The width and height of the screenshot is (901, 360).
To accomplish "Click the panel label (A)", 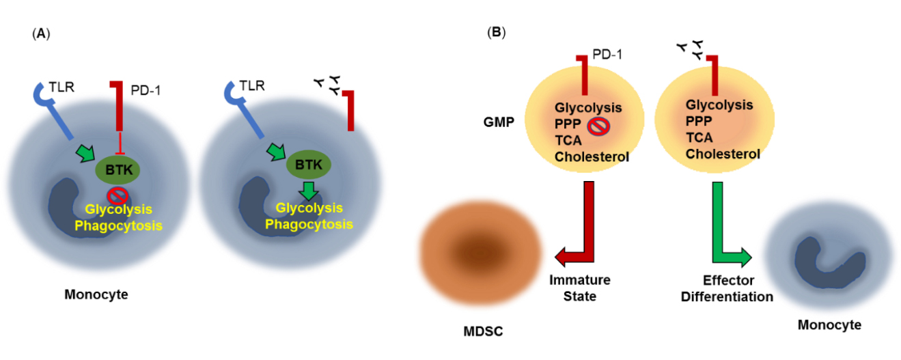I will pos(41,33).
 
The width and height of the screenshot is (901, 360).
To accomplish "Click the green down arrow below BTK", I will pos(309,189).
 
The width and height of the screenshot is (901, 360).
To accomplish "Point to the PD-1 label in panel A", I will pos(145,89).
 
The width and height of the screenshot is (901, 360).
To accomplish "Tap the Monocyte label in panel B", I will pos(829,325).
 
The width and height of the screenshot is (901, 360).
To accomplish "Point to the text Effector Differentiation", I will pos(728,288).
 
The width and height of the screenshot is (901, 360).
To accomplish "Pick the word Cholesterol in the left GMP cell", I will pos(592,157).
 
